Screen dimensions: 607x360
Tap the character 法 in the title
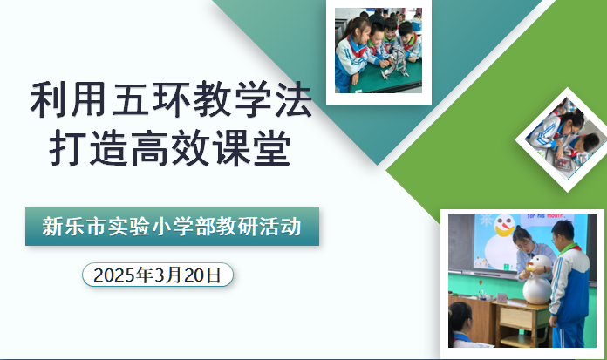click(x=293, y=99)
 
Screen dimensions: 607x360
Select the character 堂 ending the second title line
click(x=272, y=148)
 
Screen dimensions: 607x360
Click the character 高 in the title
click(x=149, y=148)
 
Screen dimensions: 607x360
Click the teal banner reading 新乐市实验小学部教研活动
click(x=173, y=227)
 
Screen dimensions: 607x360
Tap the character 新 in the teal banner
click(x=52, y=227)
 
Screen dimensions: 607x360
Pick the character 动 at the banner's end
click(x=291, y=227)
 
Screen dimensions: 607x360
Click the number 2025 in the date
click(x=114, y=275)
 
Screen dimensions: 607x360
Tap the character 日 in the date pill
click(x=214, y=275)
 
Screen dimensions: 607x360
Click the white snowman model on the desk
click(x=537, y=280)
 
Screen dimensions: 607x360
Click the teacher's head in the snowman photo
click(x=523, y=238)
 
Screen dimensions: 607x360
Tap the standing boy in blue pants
click(x=569, y=284)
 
